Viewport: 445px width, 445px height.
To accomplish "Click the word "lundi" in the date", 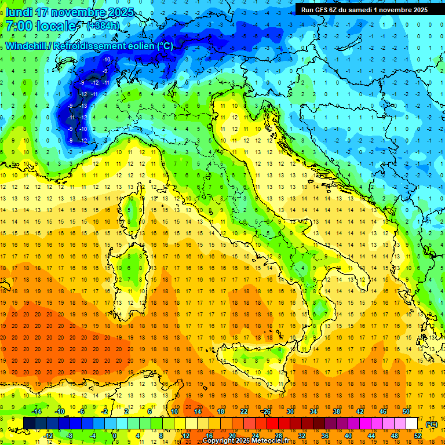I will [19, 12].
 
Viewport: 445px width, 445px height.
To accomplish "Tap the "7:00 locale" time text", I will [41, 26].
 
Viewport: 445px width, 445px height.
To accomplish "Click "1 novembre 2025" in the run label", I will [401, 9].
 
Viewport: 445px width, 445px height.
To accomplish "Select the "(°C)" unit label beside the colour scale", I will [432, 424].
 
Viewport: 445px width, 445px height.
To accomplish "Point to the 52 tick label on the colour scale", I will [418, 436].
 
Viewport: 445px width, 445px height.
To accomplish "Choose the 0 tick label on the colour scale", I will [115, 436].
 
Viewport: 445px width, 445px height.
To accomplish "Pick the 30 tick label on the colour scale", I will [290, 411].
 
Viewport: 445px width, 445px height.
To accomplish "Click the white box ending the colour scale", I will [412, 424].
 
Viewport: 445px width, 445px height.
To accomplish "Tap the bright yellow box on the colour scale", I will [191, 424].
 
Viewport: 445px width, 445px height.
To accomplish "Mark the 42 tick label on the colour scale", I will [359, 411].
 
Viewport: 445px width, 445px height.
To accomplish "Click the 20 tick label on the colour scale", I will [232, 436].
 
